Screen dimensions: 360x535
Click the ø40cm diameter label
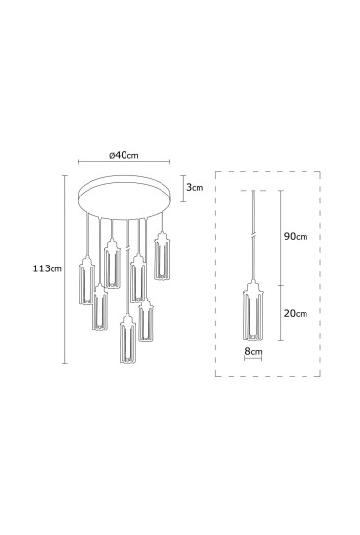[x=124, y=155]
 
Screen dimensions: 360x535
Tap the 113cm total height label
[x=48, y=268]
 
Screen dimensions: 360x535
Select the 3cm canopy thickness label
[x=195, y=187]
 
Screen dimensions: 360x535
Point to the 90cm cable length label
[x=296, y=236]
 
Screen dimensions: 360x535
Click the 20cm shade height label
[x=296, y=313]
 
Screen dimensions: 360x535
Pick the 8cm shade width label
[x=253, y=351]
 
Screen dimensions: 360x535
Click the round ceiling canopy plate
[x=125, y=197]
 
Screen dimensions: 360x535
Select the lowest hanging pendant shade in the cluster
[x=127, y=339]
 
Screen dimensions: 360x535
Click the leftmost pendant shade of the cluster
[x=87, y=280]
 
